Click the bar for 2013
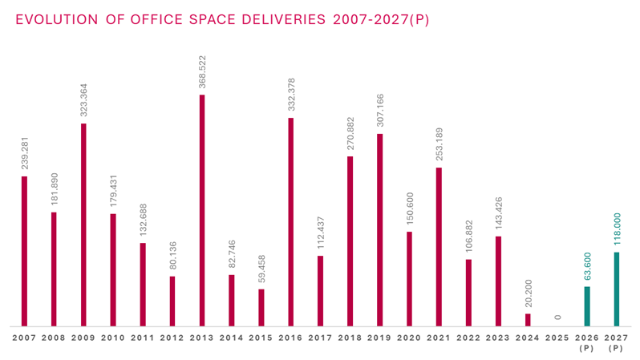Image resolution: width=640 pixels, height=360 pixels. (x=201, y=210)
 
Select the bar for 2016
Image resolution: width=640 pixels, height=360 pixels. (x=290, y=222)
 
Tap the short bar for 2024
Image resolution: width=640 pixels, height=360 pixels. (x=527, y=320)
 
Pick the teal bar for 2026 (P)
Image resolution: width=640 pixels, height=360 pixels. (x=586, y=306)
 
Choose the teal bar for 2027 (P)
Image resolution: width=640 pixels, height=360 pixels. (x=616, y=289)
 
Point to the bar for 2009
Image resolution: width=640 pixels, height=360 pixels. (x=83, y=224)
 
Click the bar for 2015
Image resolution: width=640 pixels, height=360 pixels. (x=261, y=308)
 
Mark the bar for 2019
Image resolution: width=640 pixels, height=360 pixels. (x=379, y=230)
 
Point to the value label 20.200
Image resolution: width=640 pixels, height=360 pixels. (x=527, y=293)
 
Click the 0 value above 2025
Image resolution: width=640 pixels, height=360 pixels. (x=557, y=318)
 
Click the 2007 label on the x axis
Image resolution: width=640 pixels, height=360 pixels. (x=24, y=338)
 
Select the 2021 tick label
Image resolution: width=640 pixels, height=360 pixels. (x=439, y=338)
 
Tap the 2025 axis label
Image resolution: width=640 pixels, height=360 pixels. (x=557, y=338)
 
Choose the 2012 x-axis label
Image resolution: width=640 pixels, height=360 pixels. (x=172, y=338)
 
